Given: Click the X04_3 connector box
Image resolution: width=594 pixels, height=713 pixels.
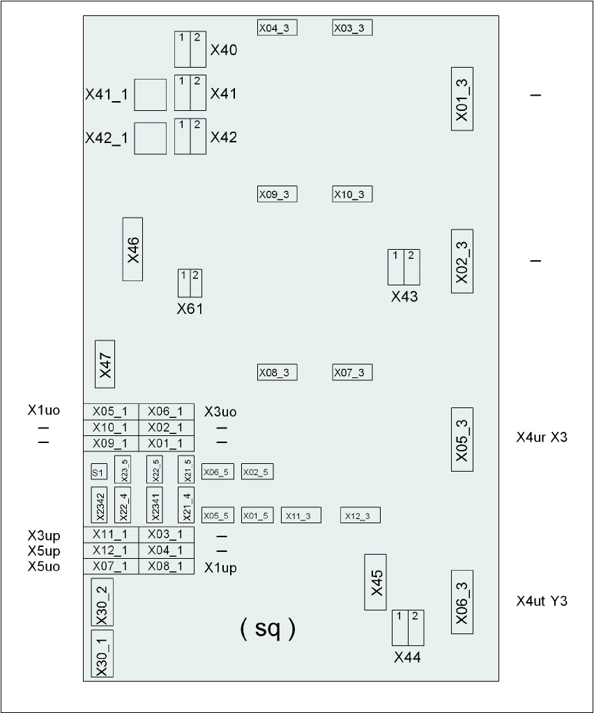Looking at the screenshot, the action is tap(277, 28).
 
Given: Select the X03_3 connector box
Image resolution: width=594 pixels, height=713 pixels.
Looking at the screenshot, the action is tap(352, 28).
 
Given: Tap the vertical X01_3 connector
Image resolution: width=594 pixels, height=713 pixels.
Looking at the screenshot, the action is tap(462, 99).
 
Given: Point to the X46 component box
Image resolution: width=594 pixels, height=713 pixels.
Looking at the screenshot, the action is tap(132, 249).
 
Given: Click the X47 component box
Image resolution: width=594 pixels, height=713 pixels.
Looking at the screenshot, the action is tap(105, 364).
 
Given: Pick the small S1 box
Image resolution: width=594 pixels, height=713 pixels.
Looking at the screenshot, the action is tap(99, 472).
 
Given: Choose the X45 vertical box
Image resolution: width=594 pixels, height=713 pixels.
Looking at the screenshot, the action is tap(375, 582).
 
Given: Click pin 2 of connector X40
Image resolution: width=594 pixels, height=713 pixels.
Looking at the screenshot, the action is tap(198, 49).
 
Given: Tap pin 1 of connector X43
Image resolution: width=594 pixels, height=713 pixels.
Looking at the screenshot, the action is tap(396, 267).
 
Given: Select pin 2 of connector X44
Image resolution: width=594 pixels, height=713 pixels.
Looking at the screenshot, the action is tap(416, 628).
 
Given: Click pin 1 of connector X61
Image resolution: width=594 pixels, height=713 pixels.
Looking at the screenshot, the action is tap(184, 283).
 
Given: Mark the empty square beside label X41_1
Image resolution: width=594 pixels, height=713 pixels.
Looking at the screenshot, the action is tap(151, 95).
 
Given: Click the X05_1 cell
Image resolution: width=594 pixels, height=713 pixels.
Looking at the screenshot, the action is tap(111, 412).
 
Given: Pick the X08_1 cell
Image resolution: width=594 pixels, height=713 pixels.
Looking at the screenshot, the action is tap(167, 566).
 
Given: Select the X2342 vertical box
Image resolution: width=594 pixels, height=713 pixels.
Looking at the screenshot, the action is tap(99, 505).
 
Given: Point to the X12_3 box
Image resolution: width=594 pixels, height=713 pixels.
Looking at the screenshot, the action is tap(360, 515).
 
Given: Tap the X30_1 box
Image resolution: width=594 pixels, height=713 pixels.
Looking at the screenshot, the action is tap(102, 654).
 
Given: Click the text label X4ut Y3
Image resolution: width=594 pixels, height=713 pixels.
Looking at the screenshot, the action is tap(542, 601).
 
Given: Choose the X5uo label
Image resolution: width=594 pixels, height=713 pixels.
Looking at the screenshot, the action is tap(44, 566).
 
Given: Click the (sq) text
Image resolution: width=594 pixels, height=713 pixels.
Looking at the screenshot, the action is tap(268, 629).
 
